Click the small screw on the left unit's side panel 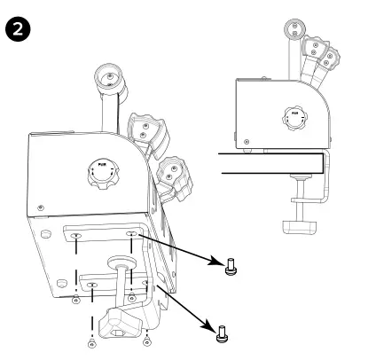click(x=42, y=207)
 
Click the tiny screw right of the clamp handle click(x=146, y=338)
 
